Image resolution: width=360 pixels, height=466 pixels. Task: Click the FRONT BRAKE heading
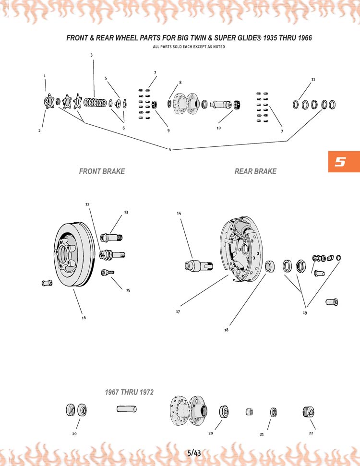point(102,171)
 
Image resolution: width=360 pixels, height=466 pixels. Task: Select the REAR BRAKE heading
point(255,171)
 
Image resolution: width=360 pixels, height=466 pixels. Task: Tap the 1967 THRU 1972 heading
point(129,392)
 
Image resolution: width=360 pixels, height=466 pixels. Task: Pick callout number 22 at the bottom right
point(311,432)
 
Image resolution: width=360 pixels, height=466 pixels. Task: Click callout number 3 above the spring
point(91,55)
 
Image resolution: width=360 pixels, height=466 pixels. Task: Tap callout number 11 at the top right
point(312,79)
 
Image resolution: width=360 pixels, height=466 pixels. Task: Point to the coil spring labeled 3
point(95,102)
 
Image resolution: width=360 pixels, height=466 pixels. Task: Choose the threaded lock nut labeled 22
point(308,411)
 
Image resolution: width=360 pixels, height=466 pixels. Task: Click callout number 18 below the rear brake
point(226,330)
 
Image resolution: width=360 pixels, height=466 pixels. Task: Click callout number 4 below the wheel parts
point(169,149)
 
